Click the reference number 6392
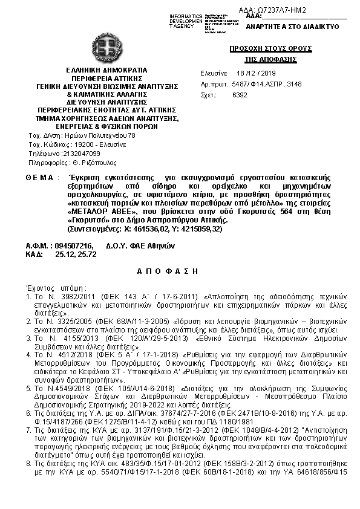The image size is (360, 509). pyautogui.click(x=240, y=96)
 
